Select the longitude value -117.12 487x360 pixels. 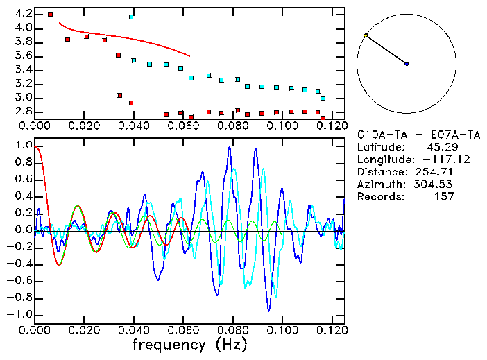434,159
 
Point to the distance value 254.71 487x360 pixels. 434,171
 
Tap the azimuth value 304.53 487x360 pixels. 434,184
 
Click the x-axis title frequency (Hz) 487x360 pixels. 189,344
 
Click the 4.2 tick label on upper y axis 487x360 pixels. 23,14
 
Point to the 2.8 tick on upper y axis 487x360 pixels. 23,112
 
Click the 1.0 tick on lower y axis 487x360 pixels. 23,146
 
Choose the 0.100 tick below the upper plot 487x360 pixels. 282,127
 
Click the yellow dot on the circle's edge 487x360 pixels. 366,35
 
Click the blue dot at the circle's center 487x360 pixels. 407,64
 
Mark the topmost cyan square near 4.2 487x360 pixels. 131,17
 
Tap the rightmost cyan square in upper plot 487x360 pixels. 323,98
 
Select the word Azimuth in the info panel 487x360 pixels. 377,184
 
